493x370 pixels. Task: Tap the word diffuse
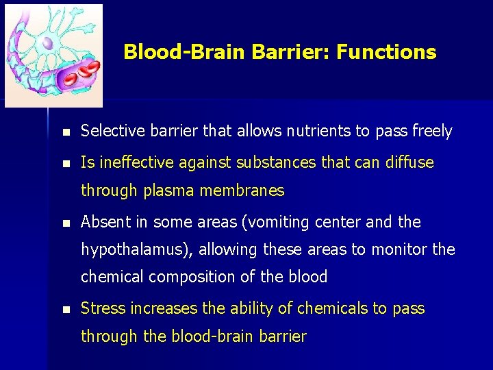(x=409, y=163)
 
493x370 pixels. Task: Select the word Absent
(x=103, y=223)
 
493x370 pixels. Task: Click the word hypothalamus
(x=136, y=250)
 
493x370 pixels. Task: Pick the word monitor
(x=399, y=250)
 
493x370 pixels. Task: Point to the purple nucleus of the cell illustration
(x=46, y=42)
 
